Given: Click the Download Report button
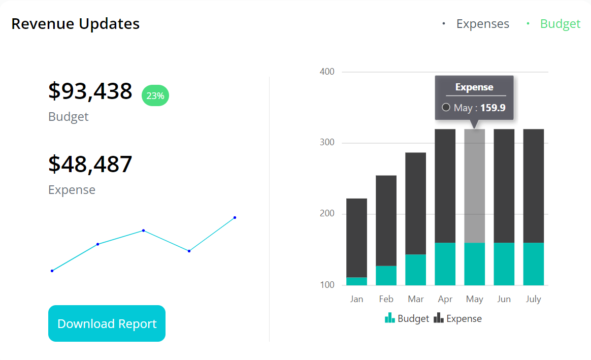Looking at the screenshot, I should pyautogui.click(x=107, y=323).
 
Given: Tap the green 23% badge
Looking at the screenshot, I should pyautogui.click(x=155, y=96).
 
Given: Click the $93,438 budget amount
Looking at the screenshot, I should pyautogui.click(x=90, y=91).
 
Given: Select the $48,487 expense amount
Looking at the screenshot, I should pyautogui.click(x=90, y=164).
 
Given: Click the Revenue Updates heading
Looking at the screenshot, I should pyautogui.click(x=75, y=24).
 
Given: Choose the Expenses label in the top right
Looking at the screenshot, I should pyautogui.click(x=482, y=24).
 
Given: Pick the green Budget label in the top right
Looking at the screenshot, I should pyautogui.click(x=560, y=24).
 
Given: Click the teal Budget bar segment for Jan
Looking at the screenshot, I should pyautogui.click(x=356, y=281).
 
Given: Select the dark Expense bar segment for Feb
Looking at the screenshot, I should pyautogui.click(x=386, y=220).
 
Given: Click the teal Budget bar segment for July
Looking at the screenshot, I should pyautogui.click(x=533, y=264).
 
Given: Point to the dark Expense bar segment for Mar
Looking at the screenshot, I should pyautogui.click(x=415, y=203).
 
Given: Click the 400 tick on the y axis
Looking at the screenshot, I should pyautogui.click(x=327, y=72).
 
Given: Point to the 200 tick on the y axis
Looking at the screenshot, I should pyautogui.click(x=327, y=214).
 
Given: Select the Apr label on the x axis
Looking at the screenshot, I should pyautogui.click(x=445, y=299).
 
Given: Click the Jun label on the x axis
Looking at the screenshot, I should pyautogui.click(x=504, y=299).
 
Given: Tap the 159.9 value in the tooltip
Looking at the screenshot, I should pyautogui.click(x=492, y=108).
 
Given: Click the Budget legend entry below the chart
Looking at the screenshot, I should pyautogui.click(x=407, y=318).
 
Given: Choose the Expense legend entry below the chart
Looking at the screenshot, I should pyautogui.click(x=458, y=318).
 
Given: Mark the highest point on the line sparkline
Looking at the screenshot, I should pyautogui.click(x=235, y=217).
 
